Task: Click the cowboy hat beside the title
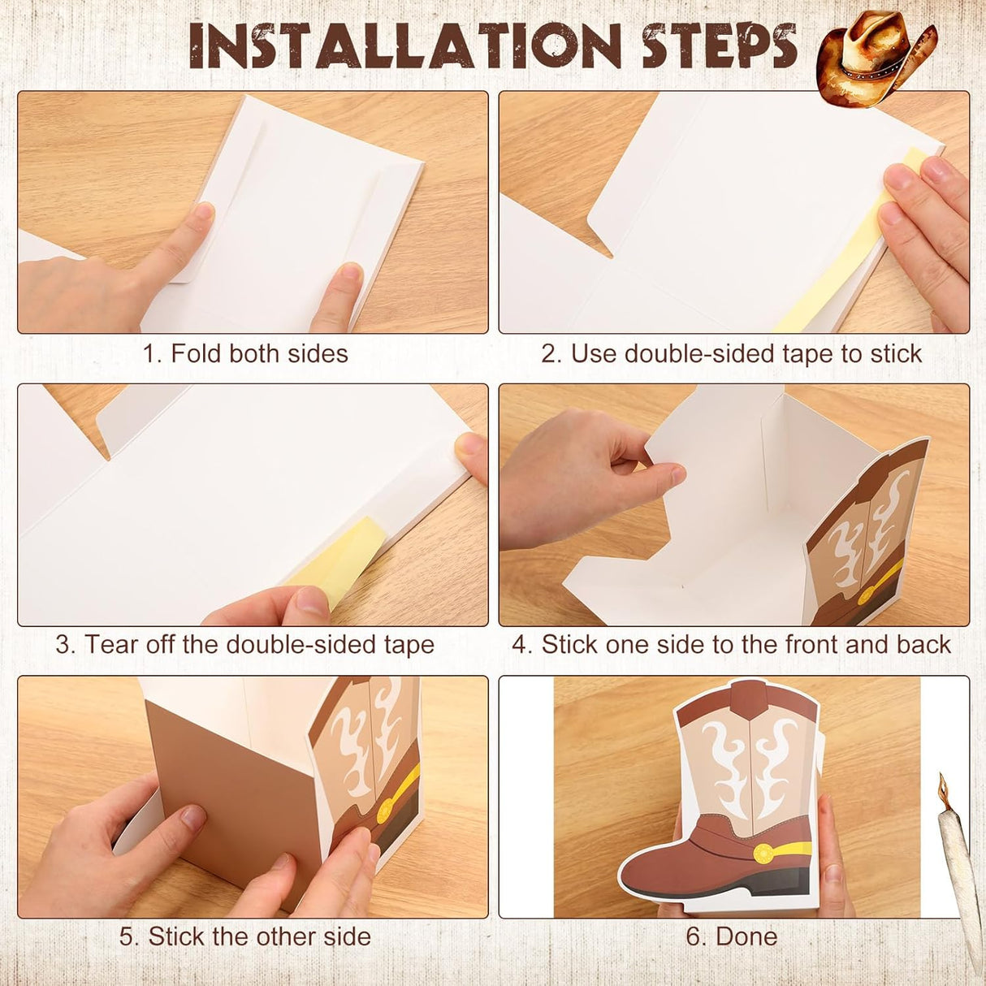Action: [x=876, y=59]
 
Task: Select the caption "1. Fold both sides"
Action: [x=245, y=353]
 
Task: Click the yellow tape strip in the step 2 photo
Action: [x=839, y=245]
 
